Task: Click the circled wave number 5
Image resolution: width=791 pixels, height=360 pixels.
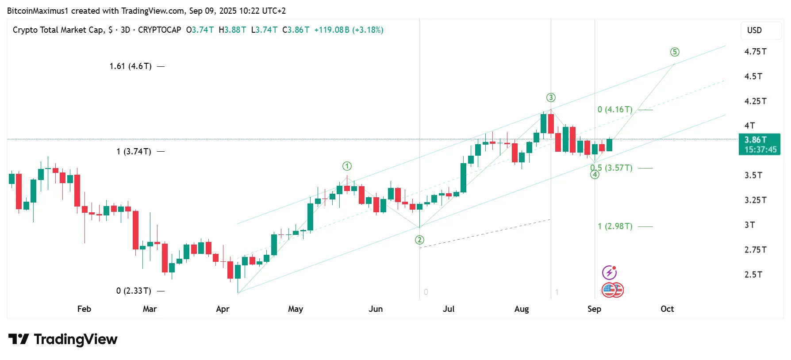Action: pos(675,52)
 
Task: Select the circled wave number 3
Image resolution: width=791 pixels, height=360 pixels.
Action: pos(551,98)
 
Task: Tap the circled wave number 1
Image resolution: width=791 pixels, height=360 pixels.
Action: pos(347,166)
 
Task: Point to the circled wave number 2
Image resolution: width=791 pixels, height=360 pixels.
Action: pos(419,240)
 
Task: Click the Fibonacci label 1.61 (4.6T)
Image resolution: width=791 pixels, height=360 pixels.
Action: pos(131,66)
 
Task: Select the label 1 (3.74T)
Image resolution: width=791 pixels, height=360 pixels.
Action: pos(134,152)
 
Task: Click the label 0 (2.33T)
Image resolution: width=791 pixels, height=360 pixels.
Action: pos(134,291)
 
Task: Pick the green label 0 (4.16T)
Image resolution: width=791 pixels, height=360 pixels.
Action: pos(615,110)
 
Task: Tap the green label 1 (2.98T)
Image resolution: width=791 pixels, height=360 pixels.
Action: pos(615,226)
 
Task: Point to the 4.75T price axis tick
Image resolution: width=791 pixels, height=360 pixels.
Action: pos(755,52)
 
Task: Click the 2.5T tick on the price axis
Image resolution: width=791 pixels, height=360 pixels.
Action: pos(753,275)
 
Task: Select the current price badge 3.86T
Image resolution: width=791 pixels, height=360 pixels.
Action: pos(760,145)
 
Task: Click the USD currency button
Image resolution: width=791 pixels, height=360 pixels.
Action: pos(754,31)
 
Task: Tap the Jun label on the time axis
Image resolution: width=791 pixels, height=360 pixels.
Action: pos(376,309)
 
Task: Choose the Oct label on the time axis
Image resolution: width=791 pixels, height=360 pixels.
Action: pos(667,309)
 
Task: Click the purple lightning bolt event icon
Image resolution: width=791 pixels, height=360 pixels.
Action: pos(609,272)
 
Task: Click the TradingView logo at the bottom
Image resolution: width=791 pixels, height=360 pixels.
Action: pos(63,340)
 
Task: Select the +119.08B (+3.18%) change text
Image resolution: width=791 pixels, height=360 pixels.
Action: pos(349,30)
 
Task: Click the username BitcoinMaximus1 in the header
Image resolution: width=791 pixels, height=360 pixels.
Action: pos(38,11)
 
